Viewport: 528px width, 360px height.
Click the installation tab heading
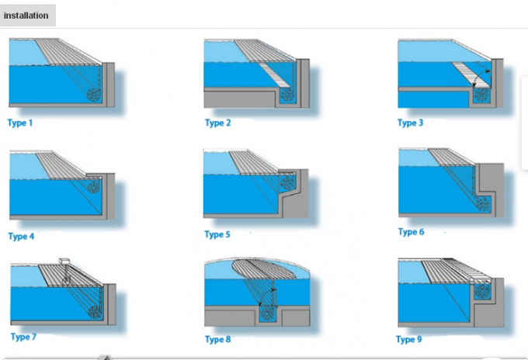click(27, 15)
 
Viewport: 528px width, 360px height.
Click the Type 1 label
click(21, 123)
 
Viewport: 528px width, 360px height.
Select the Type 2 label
click(217, 123)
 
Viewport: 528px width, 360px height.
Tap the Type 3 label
click(411, 123)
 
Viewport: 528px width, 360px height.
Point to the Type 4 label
click(21, 236)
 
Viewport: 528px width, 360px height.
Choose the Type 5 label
click(217, 234)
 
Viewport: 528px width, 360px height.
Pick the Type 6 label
click(411, 232)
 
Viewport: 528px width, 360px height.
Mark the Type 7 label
click(23, 336)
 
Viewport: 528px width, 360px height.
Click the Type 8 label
click(218, 339)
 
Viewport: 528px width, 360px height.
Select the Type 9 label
click(410, 339)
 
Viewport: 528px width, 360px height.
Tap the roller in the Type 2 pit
click(288, 94)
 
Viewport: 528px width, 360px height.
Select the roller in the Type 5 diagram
click(288, 186)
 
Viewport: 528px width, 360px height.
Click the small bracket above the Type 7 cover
click(65, 260)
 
